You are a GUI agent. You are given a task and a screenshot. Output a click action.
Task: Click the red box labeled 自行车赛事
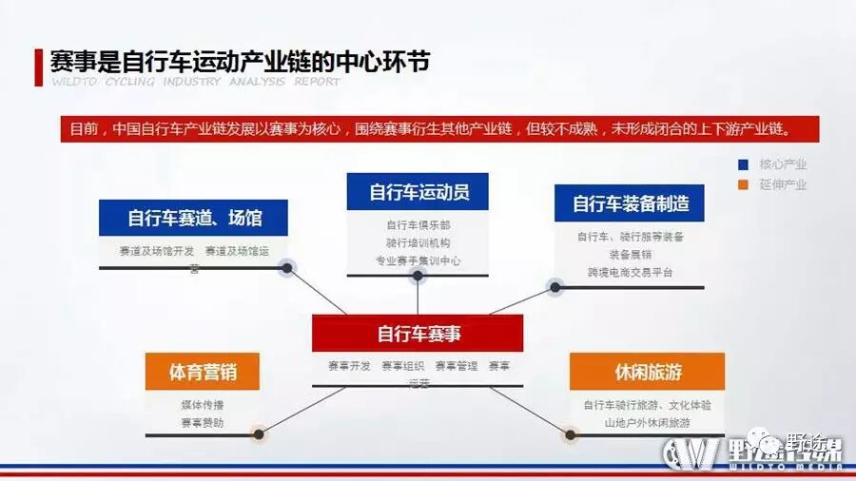click(x=418, y=334)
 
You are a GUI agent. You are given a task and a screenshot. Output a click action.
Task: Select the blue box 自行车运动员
click(x=418, y=191)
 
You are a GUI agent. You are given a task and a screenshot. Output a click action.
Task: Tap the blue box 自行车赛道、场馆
click(x=193, y=218)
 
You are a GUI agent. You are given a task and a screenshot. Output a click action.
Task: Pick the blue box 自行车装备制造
click(x=630, y=202)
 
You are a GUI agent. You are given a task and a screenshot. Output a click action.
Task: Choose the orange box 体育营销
click(x=203, y=372)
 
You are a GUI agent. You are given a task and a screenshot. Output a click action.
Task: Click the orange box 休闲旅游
click(x=647, y=371)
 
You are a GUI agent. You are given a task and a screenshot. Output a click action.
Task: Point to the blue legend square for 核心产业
click(x=742, y=164)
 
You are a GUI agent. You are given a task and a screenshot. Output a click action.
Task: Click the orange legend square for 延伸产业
click(x=742, y=184)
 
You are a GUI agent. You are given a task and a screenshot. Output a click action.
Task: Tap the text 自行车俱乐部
click(x=418, y=225)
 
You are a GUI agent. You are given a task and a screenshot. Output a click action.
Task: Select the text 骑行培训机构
click(x=418, y=242)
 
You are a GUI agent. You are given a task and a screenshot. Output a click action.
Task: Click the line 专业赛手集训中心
click(x=418, y=260)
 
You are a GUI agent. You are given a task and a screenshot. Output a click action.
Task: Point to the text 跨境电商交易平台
click(x=630, y=272)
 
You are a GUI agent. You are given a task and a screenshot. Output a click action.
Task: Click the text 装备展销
click(x=630, y=255)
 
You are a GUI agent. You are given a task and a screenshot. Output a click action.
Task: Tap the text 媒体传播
click(x=203, y=405)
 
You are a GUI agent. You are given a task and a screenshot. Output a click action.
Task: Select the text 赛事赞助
click(x=203, y=422)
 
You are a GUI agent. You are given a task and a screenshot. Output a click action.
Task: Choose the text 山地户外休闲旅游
click(x=647, y=422)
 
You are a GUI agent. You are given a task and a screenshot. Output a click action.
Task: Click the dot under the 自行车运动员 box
click(x=417, y=276)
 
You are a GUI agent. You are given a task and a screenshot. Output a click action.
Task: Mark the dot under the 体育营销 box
click(x=258, y=435)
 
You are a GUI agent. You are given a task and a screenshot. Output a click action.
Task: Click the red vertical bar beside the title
click(x=39, y=67)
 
